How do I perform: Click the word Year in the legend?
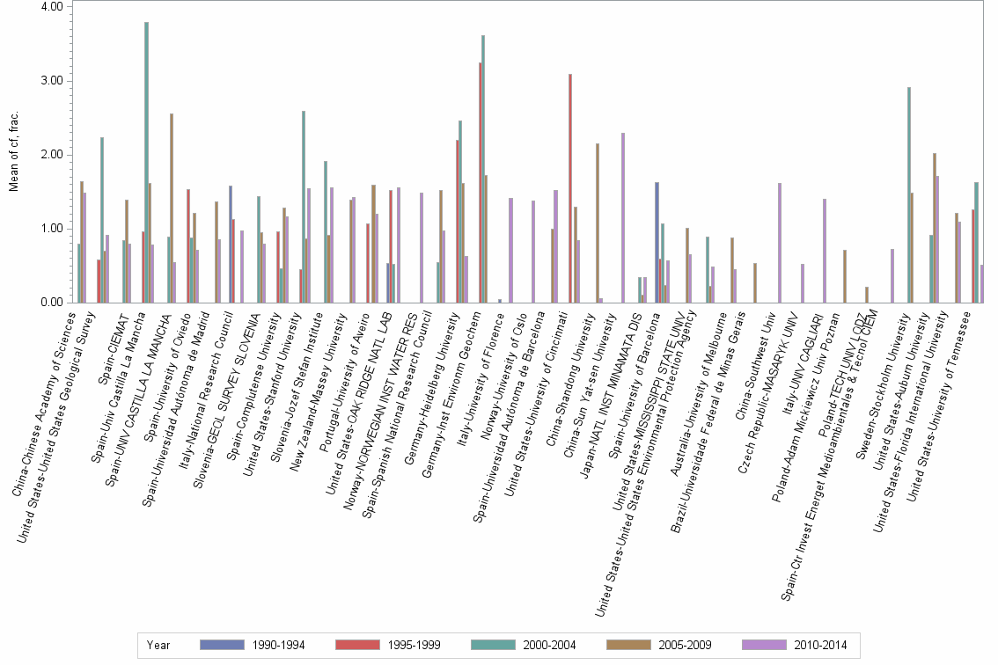coord(158,645)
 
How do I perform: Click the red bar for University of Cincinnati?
coord(570,188)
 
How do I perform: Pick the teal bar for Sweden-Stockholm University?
coord(908,194)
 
